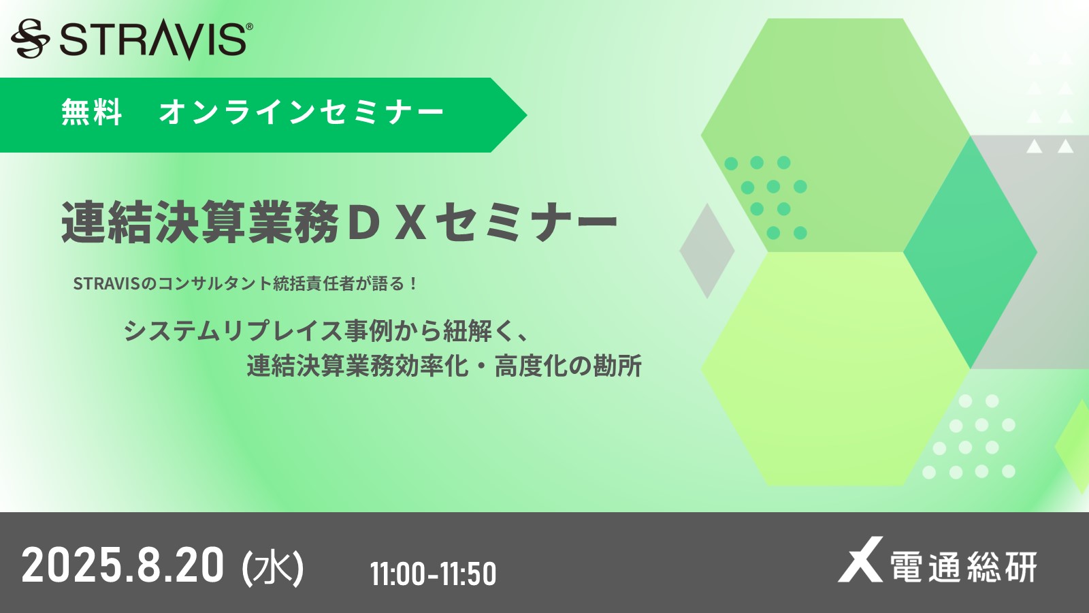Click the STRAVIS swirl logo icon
tap(30, 38)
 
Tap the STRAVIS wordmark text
tap(153, 41)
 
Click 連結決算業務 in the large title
tap(199, 223)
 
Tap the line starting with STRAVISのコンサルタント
tap(246, 283)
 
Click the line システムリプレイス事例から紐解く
tap(326, 331)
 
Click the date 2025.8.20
tap(123, 565)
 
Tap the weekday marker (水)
tap(273, 567)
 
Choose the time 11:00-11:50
tap(433, 573)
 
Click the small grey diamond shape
tap(707, 251)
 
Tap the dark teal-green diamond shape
tap(971, 252)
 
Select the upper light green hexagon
tap(836, 136)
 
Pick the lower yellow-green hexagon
tap(836, 368)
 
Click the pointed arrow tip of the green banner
tap(527, 115)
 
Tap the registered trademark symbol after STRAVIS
tap(249, 27)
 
